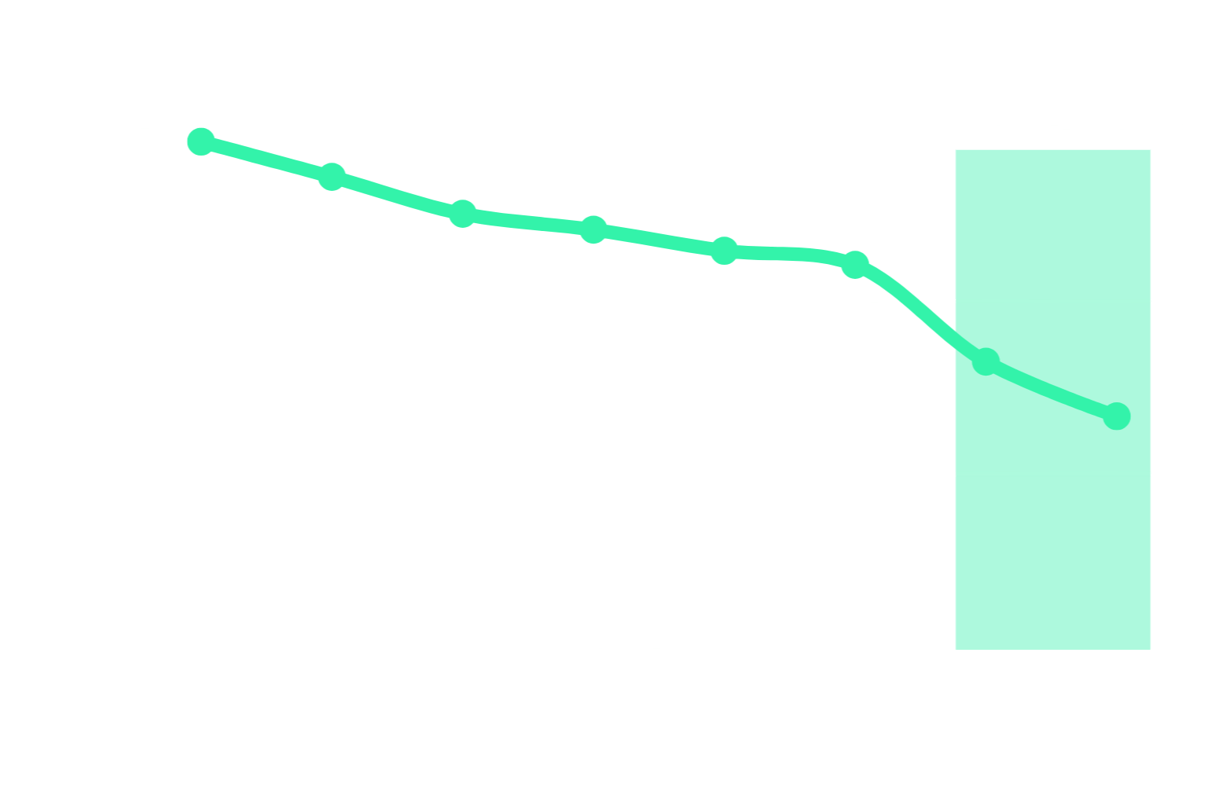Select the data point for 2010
tap(201, 141)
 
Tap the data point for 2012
tap(332, 177)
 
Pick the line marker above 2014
tap(463, 213)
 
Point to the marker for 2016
tap(593, 229)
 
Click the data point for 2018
tap(724, 251)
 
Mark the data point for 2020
tap(854, 265)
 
